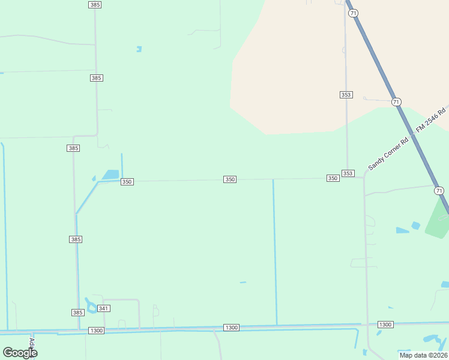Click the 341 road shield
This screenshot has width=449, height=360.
(x=104, y=308)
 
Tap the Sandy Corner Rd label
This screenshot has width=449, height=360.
(x=388, y=152)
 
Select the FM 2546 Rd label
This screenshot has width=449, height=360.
(x=432, y=119)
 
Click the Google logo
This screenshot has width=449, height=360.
(x=20, y=352)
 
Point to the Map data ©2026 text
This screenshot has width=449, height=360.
(x=422, y=355)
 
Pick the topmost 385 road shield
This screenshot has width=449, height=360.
(x=94, y=4)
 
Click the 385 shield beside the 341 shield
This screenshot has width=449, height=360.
(x=77, y=313)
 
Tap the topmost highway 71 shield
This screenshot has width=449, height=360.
(x=353, y=13)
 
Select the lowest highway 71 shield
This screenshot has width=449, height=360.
(x=439, y=191)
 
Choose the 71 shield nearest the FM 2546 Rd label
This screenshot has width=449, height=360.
(x=396, y=102)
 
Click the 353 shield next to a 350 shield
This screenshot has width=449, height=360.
(x=348, y=173)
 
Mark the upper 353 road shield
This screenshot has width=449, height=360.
(x=346, y=95)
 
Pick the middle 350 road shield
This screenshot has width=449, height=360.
(x=230, y=179)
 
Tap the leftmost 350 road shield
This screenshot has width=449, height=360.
(x=127, y=182)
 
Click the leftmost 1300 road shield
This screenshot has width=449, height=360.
(x=96, y=331)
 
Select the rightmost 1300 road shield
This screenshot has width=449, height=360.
(x=385, y=325)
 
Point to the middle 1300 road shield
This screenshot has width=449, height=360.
(x=231, y=328)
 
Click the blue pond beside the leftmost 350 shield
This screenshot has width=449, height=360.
(x=110, y=175)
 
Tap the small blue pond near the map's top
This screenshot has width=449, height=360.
(x=139, y=49)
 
